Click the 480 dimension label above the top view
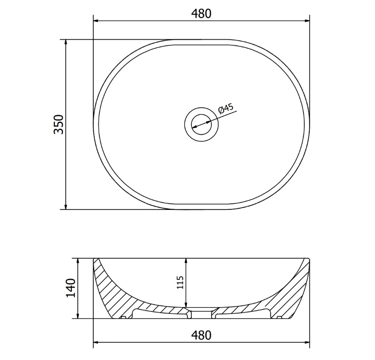coord(201,14)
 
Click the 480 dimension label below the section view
coord(201,335)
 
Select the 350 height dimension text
coord(59,125)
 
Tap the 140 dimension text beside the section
coord(71,288)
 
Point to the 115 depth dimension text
coord(180,282)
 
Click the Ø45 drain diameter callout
coord(226,109)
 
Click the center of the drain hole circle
coord(201,125)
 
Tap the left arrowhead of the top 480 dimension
coord(96,21)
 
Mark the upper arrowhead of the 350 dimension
coord(66,42)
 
